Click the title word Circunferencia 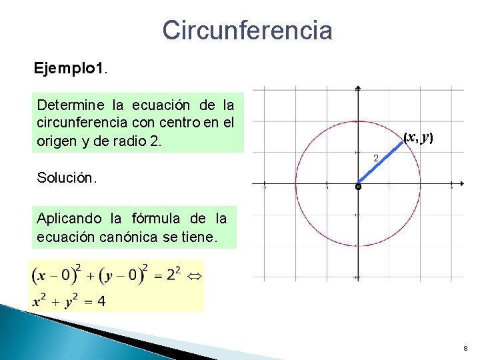pyautogui.click(x=247, y=30)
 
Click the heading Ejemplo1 pyautogui.click(x=70, y=68)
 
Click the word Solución pyautogui.click(x=67, y=178)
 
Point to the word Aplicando pyautogui.click(x=69, y=218)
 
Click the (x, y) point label pyautogui.click(x=419, y=137)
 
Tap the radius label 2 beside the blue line pyautogui.click(x=376, y=159)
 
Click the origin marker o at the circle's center pyautogui.click(x=358, y=187)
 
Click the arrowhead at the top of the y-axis pyautogui.click(x=358, y=88)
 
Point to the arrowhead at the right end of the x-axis pyautogui.click(x=462, y=183)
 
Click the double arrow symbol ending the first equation pyautogui.click(x=195, y=275)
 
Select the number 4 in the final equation pyautogui.click(x=101, y=301)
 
